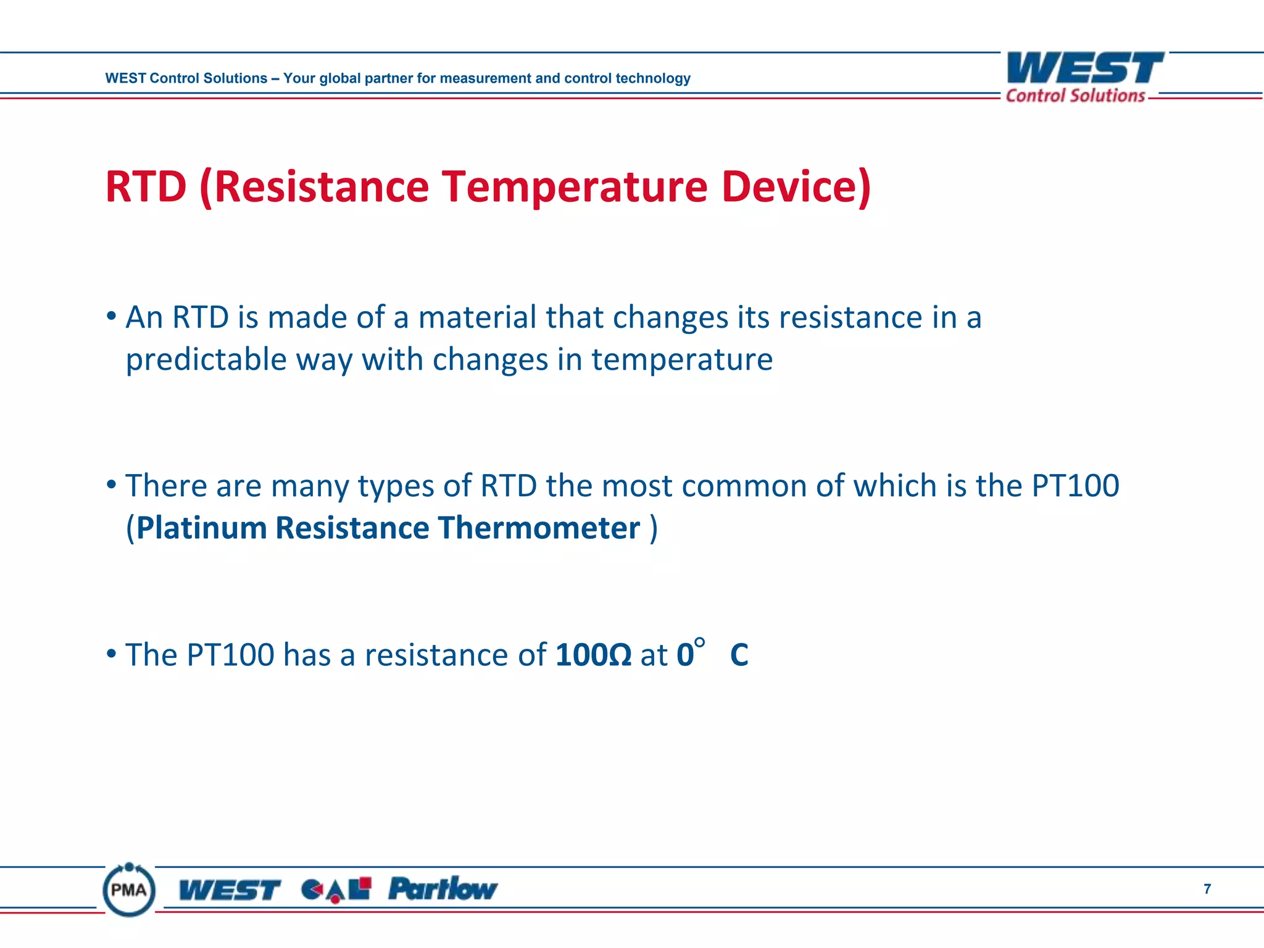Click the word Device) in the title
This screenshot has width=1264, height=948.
[x=796, y=187]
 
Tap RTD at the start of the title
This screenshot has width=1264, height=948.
[x=146, y=187]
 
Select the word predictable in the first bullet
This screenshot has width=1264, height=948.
[x=206, y=360]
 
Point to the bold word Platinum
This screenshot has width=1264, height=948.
[x=201, y=528]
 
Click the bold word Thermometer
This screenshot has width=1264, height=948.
[x=539, y=528]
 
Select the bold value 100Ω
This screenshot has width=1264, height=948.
[x=593, y=655]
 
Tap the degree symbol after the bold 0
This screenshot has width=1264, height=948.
[x=699, y=643]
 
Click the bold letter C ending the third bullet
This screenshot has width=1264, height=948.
[x=739, y=655]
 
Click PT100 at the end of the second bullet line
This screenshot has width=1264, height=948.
[x=1075, y=486]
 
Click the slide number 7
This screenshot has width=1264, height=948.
[x=1207, y=889]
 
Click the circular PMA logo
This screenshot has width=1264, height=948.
[x=129, y=889]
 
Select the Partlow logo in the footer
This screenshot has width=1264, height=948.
[x=442, y=889]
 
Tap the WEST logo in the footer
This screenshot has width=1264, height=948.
[x=230, y=890]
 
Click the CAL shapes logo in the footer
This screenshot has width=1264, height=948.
[x=336, y=889]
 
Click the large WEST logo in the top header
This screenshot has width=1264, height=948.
[x=1084, y=68]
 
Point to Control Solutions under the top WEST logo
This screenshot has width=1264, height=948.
[x=1075, y=96]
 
